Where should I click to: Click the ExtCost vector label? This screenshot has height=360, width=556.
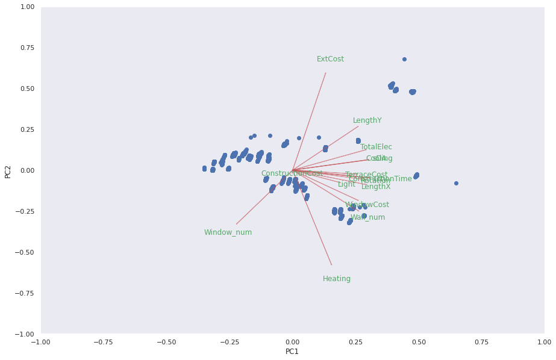[x=330, y=59]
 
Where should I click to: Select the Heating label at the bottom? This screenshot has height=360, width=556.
[x=337, y=279]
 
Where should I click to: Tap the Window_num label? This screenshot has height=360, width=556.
[x=228, y=232]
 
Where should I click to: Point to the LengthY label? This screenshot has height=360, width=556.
[x=367, y=120]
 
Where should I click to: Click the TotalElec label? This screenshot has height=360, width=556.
[x=376, y=147]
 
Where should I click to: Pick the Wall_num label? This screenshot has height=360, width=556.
[x=367, y=217]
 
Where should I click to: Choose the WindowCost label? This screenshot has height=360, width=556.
[x=367, y=205]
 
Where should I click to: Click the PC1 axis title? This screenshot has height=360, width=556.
[x=292, y=352]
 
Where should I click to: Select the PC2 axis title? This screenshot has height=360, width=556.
[x=8, y=170]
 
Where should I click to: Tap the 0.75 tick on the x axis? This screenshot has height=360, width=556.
[x=481, y=342]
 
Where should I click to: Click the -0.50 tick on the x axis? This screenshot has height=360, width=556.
[x=166, y=342]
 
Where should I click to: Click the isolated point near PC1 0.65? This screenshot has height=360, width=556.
[x=456, y=183]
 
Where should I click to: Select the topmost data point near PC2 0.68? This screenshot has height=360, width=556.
[x=404, y=59]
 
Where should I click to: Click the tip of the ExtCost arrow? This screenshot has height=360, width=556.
[x=326, y=73]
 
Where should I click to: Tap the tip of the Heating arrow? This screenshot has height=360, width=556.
[x=331, y=265]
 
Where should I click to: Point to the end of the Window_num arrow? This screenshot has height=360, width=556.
[x=236, y=224]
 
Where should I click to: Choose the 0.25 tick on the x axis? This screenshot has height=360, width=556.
[x=355, y=342]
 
